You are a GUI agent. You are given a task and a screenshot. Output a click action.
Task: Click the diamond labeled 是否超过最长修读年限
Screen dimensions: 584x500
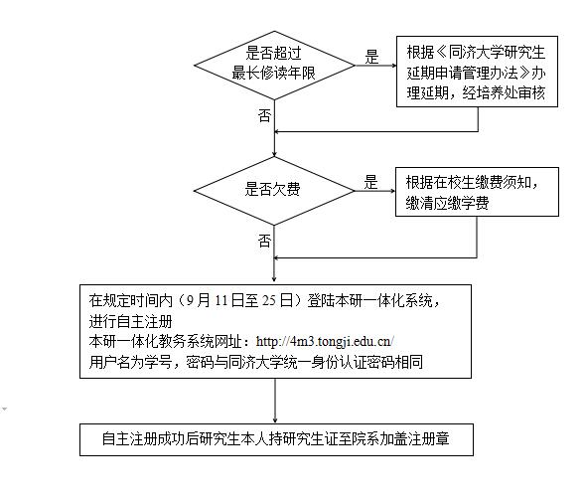[274, 66]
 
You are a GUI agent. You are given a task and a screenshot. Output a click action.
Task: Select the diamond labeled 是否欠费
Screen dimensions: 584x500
[274, 191]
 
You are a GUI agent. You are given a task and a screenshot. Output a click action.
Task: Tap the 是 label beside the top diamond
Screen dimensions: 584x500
[371, 57]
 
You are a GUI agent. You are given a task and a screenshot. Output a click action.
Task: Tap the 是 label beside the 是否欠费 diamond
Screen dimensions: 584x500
[371, 182]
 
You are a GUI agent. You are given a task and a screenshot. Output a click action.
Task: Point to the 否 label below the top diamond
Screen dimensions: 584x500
[264, 115]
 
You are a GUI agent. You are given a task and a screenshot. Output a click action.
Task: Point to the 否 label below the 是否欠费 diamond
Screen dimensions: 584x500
[264, 241]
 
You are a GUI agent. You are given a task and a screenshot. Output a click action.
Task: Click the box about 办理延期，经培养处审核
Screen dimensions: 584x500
[477, 72]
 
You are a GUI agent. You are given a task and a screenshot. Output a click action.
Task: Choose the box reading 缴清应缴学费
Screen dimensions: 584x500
[477, 192]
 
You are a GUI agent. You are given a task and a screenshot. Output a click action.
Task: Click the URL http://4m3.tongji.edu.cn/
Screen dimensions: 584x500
[325, 341]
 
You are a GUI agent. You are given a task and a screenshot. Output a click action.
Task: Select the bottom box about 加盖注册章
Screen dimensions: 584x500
[276, 439]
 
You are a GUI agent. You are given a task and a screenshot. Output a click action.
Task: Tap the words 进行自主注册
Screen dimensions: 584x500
[130, 321]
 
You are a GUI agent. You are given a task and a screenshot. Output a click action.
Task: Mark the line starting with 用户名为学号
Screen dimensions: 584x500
[256, 362]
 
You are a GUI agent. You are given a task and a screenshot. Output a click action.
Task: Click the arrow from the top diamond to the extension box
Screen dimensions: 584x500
[375, 66]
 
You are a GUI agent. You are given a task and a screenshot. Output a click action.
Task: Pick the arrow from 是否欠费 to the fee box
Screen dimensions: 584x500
[375, 191]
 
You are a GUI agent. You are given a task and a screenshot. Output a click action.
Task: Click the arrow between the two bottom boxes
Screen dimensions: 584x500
[275, 401]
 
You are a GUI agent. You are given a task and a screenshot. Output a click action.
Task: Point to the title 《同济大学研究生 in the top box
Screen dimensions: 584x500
[490, 53]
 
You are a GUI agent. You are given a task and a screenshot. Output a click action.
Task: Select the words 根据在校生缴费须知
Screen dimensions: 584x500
[468, 182]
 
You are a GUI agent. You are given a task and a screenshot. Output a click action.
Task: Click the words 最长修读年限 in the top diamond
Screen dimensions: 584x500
[274, 73]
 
